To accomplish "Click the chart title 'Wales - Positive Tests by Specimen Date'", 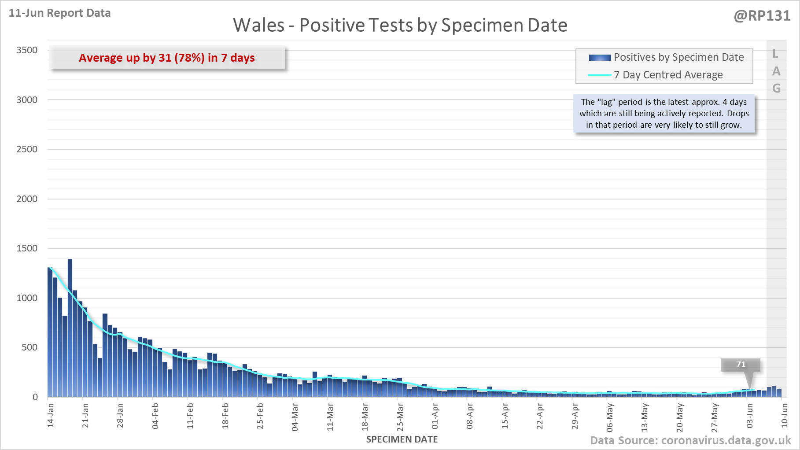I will coord(400,25).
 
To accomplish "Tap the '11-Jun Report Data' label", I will coord(59,13).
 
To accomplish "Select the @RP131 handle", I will coord(762,16).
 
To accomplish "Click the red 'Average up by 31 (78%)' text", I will coord(166,58).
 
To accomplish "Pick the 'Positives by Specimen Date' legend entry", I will coord(678,57).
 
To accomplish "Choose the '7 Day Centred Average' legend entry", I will coord(668,75).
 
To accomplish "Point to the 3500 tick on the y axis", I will coord(27,50).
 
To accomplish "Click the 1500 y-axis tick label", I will coord(27,248).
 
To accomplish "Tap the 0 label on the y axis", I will coord(35,397).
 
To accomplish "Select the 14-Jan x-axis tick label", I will coord(51,415).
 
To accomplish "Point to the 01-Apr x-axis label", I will coord(435,416).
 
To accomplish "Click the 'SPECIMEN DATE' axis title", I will coord(402,439).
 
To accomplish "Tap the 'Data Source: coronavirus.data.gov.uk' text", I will coord(690,440).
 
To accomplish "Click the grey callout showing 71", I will coord(741,365).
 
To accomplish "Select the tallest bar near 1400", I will coord(70,328).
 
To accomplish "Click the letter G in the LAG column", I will coord(776,89).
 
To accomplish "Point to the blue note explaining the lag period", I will coord(664,114).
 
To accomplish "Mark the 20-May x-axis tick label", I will coord(680,416).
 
